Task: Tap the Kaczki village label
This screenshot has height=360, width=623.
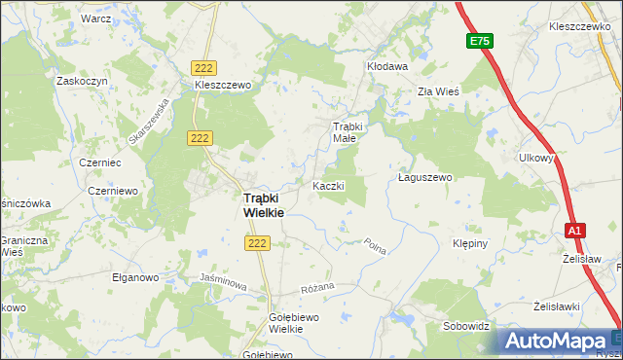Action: (x=328, y=185)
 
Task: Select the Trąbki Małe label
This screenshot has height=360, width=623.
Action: (x=348, y=132)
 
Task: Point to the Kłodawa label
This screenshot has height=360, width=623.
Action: (x=386, y=66)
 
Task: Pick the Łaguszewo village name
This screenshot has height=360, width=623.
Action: (x=426, y=178)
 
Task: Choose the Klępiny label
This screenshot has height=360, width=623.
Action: (x=474, y=243)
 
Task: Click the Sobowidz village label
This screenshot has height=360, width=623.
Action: (x=465, y=326)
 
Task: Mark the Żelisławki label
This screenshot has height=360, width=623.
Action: (x=557, y=306)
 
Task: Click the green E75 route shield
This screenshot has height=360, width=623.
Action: (x=479, y=41)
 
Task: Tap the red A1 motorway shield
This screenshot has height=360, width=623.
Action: (x=575, y=230)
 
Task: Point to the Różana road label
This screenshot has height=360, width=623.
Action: (x=317, y=287)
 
